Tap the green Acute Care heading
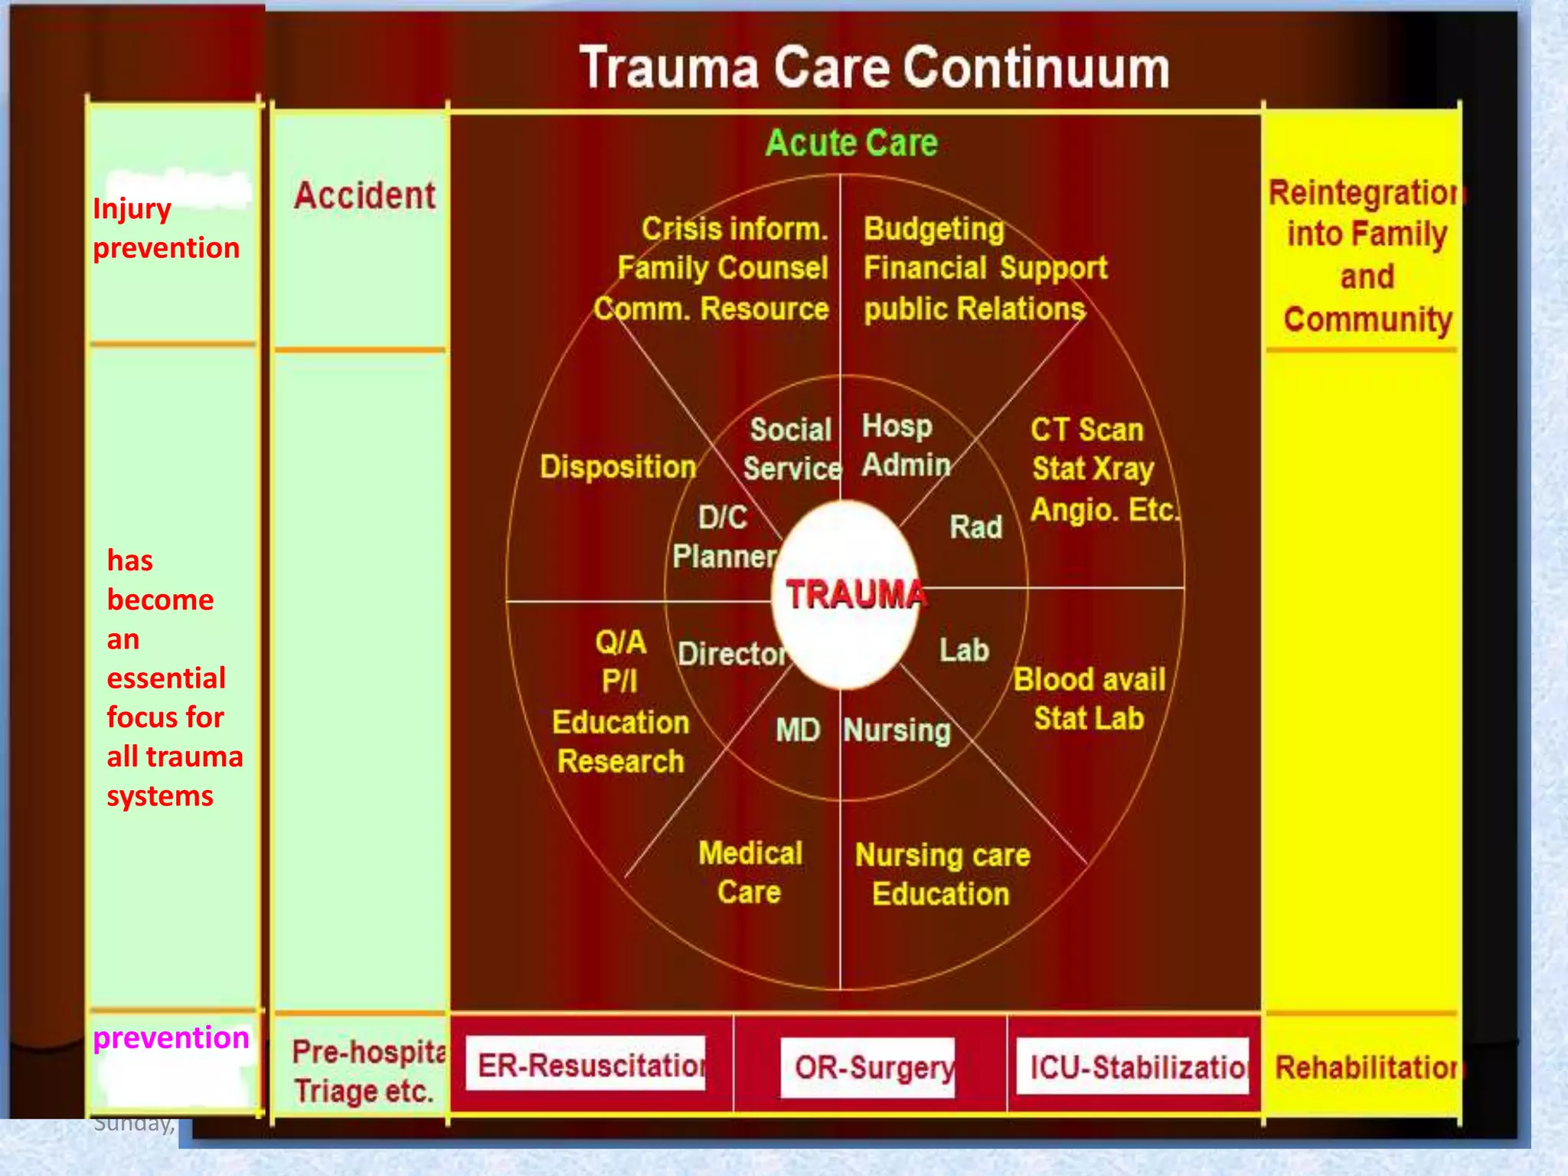[851, 143]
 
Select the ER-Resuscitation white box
[586, 1064]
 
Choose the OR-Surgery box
[869, 1067]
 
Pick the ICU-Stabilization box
[1132, 1066]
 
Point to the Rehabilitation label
[1367, 1067]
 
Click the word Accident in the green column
[364, 196]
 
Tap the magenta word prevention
[171, 1037]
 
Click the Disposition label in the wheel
[618, 467]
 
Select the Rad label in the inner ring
[975, 528]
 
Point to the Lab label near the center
[964, 651]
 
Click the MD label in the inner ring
[797, 730]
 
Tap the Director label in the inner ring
[732, 654]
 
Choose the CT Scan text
[1086, 430]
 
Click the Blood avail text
[1089, 680]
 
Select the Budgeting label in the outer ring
[933, 229]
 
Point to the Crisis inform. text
[734, 229]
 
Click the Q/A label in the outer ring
[620, 642]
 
